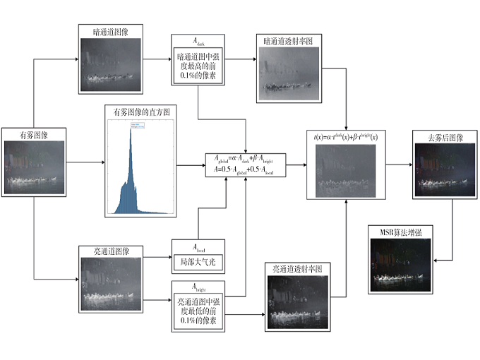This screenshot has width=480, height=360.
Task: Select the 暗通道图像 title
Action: [113, 32]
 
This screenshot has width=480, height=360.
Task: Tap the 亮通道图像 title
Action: [113, 251]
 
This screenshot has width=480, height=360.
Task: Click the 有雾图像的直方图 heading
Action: [141, 112]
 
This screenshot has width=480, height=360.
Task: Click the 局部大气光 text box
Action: [198, 259]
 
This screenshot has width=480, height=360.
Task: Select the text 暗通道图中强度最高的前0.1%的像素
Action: [198, 68]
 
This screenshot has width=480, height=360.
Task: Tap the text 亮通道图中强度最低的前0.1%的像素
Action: [198, 311]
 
